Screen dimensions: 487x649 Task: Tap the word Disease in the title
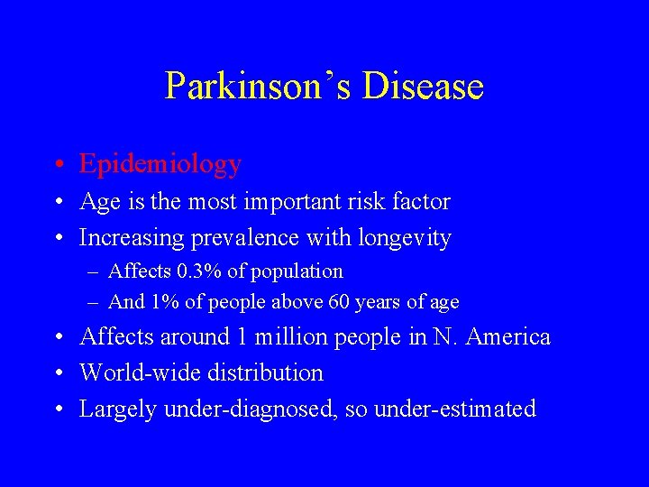point(423,87)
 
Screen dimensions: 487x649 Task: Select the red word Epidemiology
point(160,164)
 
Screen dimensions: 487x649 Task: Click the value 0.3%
point(198,271)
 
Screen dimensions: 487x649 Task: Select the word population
point(298,271)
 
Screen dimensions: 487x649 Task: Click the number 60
point(339,302)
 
